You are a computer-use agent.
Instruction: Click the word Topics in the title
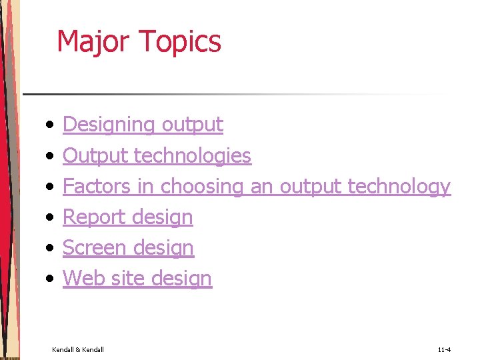pyautogui.click(x=181, y=41)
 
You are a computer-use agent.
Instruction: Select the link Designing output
pyautogui.click(x=143, y=125)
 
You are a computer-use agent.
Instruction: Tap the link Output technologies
pyautogui.click(x=157, y=155)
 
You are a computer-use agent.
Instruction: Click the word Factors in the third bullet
pyautogui.click(x=97, y=186)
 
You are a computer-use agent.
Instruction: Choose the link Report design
pyautogui.click(x=127, y=217)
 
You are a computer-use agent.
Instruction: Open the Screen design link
pyautogui.click(x=128, y=248)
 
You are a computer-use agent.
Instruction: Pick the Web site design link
pyautogui.click(x=137, y=278)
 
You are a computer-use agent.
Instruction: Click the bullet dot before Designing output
pyautogui.click(x=50, y=125)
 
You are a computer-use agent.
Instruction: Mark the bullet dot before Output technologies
pyautogui.click(x=50, y=156)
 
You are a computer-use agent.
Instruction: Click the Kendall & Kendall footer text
pyautogui.click(x=78, y=349)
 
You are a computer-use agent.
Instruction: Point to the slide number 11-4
pyautogui.click(x=444, y=349)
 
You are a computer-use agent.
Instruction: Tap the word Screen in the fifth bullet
pyautogui.click(x=93, y=248)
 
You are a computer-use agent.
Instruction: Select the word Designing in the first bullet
pyautogui.click(x=108, y=125)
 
